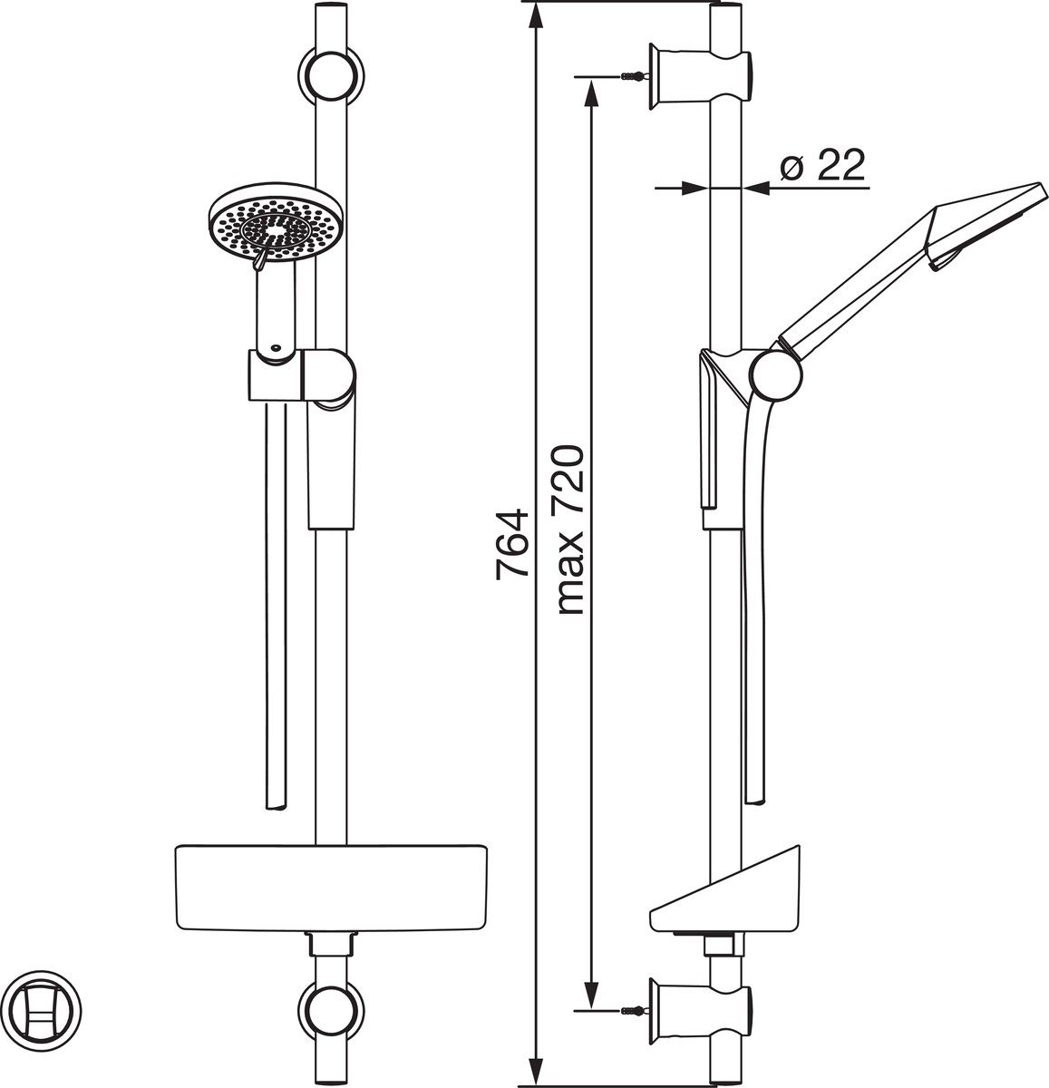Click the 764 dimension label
(512, 543)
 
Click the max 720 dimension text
(571, 530)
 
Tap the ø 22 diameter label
(822, 165)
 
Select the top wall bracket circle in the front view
(331, 75)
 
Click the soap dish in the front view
(331, 889)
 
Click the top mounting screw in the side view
(634, 75)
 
